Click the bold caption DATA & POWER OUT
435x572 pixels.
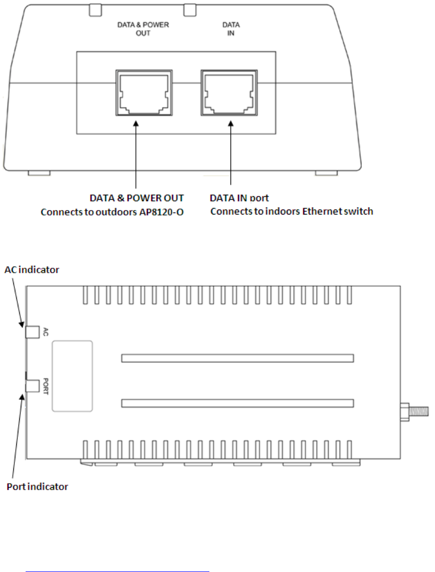(136, 198)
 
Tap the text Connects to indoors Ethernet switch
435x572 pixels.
(292, 212)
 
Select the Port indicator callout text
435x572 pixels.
(37, 487)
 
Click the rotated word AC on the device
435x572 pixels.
(46, 332)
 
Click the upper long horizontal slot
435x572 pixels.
(237, 358)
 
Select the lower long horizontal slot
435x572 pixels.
(237, 403)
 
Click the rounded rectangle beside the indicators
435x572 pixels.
(72, 376)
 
